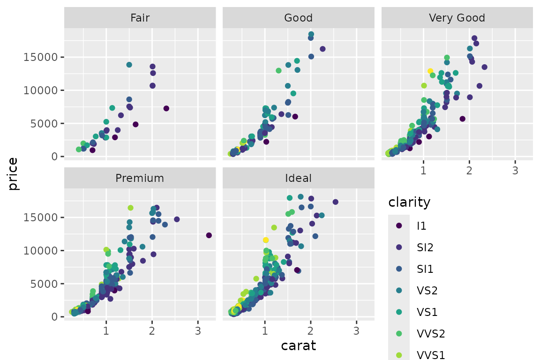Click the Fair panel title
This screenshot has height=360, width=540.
[140, 18]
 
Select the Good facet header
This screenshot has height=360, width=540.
[298, 18]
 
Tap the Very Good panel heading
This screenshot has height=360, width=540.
[457, 18]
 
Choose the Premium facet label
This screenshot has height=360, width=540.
[140, 178]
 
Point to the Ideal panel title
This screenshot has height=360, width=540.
[298, 178]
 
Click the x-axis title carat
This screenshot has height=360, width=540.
[298, 346]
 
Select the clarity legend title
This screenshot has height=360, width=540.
[409, 202]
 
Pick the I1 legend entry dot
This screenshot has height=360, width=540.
[399, 225]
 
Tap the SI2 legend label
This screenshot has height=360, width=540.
[425, 247]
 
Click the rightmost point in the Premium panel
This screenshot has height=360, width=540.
[209, 235]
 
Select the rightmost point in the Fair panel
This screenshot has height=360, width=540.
[166, 108]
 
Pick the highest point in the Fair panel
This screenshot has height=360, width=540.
[129, 65]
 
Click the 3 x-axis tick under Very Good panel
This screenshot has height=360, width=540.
[515, 171]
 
